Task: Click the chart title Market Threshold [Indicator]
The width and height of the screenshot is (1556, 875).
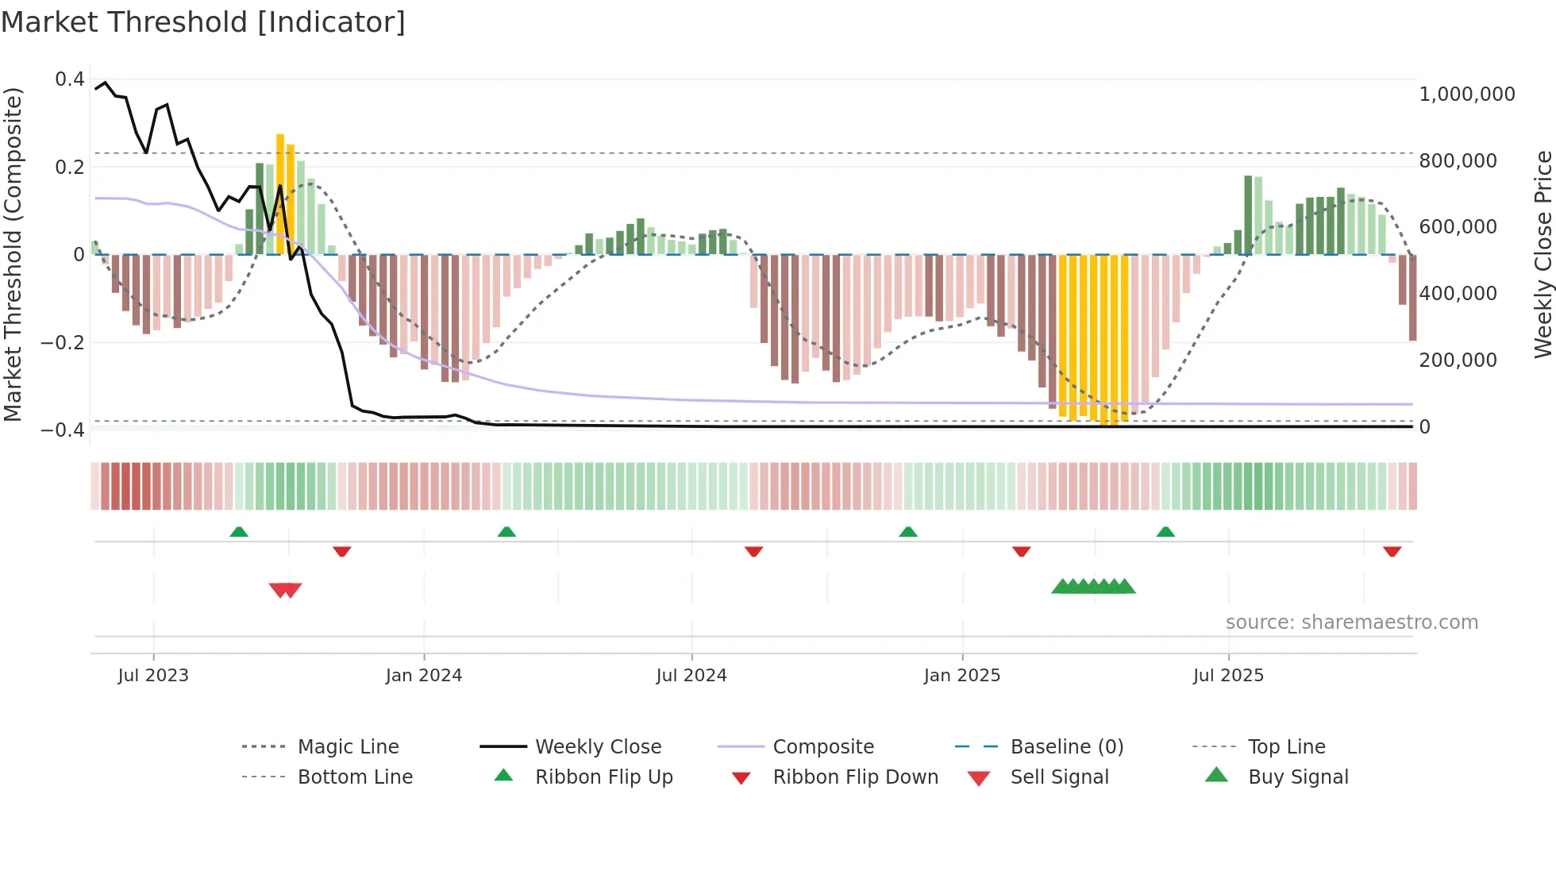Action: coord(203,22)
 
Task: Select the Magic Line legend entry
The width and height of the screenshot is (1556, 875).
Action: coord(348,746)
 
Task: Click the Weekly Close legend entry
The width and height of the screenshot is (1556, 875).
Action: coord(598,746)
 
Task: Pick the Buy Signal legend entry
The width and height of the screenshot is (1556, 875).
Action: coord(1297,777)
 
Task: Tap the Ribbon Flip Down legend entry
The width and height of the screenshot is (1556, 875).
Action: coord(855,777)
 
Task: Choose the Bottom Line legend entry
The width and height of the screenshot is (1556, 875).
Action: coord(355,777)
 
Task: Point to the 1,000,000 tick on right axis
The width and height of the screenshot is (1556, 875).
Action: coord(1467,94)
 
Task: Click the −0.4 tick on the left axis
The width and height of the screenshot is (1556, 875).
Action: coord(63,430)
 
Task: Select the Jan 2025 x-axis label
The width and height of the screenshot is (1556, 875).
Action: coord(962,675)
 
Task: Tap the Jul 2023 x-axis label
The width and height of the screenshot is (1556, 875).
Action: coord(153,675)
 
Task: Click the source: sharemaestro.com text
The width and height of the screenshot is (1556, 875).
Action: coord(1351,622)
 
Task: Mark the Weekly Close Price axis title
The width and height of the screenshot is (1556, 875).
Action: coord(1543,254)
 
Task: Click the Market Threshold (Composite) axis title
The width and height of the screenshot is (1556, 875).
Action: coord(13,254)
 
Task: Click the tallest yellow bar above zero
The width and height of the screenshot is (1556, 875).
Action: coord(280,195)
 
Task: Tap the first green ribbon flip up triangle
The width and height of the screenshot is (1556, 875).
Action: coord(239,531)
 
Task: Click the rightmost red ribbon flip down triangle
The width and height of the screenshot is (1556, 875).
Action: coord(1392,551)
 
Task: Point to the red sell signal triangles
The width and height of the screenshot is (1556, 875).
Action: coord(285,590)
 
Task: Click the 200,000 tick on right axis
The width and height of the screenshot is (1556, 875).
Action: coord(1458,360)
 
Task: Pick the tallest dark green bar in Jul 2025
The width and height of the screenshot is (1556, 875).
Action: coord(1248,214)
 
